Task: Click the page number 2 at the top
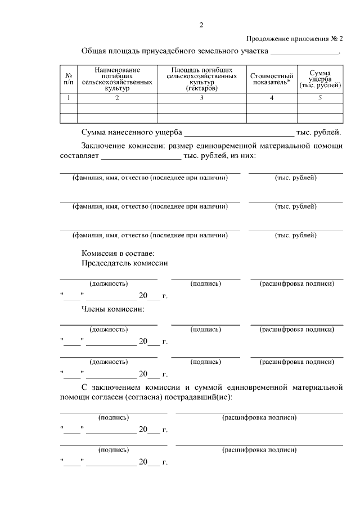[x=201, y=24]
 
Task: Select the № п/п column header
[x=68, y=79]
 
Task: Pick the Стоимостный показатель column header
[x=272, y=79]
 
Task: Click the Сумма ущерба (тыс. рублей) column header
[x=320, y=79]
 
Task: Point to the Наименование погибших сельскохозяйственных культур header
[x=117, y=79]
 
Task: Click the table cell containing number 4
[x=272, y=98]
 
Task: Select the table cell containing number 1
[x=68, y=98]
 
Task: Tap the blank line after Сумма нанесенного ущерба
[x=239, y=133]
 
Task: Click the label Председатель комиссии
[x=125, y=263]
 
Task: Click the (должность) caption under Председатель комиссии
[x=109, y=283]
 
